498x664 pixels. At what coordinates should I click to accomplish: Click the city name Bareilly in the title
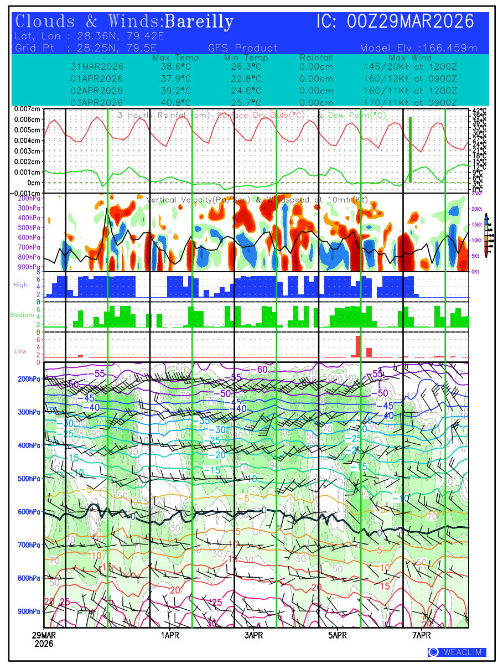199,22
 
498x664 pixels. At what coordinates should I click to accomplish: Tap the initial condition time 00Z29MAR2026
411,22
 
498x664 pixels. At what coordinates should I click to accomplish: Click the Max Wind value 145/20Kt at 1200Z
407,66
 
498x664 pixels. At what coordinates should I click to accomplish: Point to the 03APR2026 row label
97,102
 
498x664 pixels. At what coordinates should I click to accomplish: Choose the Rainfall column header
316,58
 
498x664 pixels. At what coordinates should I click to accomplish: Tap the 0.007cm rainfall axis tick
28,109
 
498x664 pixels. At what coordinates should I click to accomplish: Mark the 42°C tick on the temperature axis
479,111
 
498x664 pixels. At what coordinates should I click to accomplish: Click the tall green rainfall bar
410,149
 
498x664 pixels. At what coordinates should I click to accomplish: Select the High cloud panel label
20,285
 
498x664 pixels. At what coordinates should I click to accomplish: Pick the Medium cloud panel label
22,315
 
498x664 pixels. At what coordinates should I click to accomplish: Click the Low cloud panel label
20,351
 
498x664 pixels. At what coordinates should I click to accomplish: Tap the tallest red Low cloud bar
358,346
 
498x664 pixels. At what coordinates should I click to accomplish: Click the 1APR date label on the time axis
169,635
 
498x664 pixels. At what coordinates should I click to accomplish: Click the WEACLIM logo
457,652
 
